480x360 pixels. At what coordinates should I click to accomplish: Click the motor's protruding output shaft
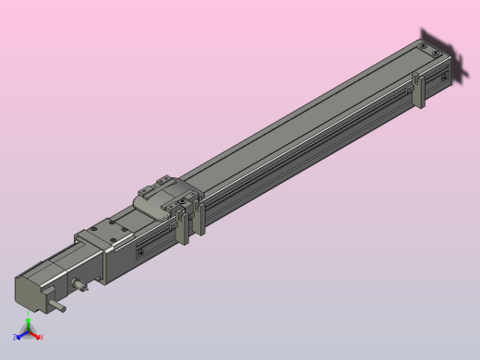(58, 306)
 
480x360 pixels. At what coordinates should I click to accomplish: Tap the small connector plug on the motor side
(84, 285)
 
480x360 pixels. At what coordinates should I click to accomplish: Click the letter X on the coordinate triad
(42, 337)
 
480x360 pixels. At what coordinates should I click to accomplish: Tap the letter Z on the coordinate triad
(16, 339)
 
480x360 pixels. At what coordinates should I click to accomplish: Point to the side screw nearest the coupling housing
(139, 252)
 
